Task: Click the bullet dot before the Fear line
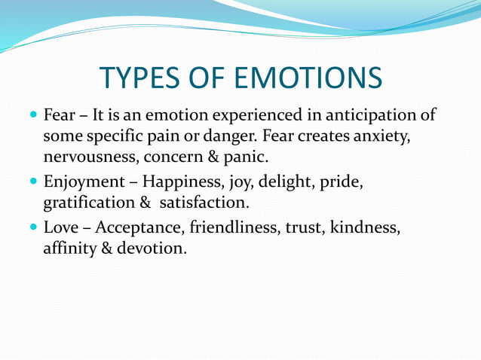coord(33,117)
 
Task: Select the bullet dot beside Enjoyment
coord(33,182)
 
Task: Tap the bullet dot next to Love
coord(33,227)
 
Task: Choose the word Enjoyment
coord(84,182)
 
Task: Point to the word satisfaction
coord(203,203)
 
